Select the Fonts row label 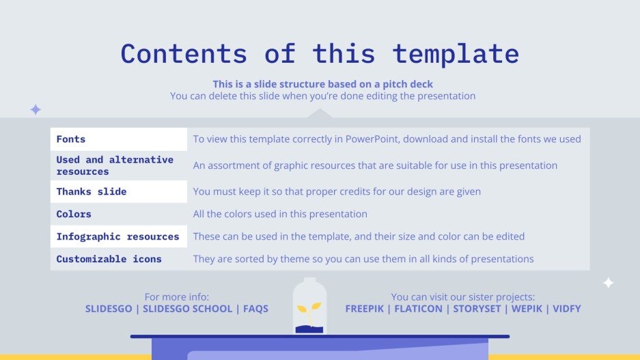click(x=71, y=139)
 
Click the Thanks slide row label click(x=92, y=192)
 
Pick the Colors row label click(x=74, y=214)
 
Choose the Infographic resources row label click(x=117, y=237)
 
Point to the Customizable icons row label click(x=109, y=260)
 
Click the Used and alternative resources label click(x=115, y=165)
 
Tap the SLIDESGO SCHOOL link click(x=186, y=309)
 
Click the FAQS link click(x=255, y=309)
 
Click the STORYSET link click(x=475, y=309)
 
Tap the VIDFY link click(x=567, y=309)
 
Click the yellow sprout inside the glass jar click(x=309, y=311)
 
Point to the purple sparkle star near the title click(x=36, y=109)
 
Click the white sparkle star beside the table click(x=608, y=283)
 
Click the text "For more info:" click(x=176, y=297)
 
